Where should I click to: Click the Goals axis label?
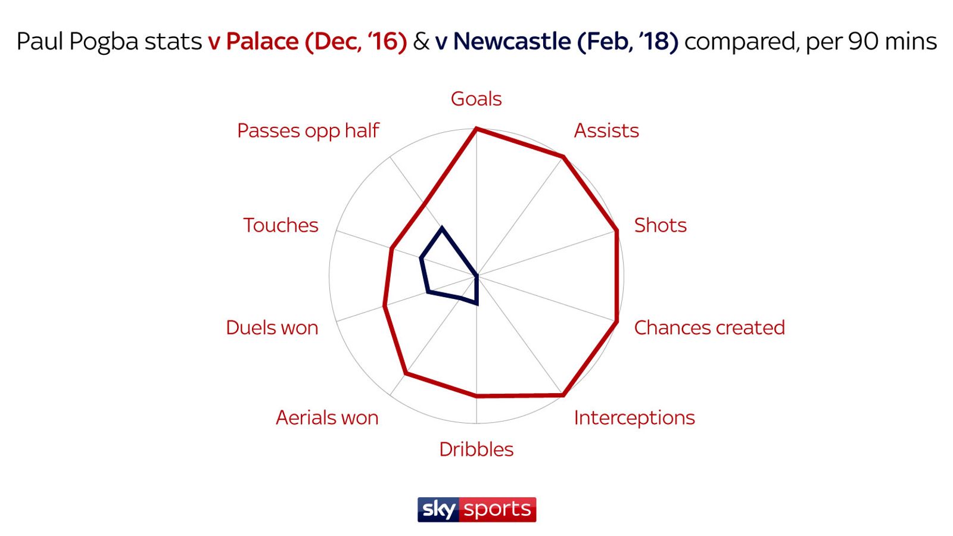pos(476,99)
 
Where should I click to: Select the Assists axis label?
pos(606,130)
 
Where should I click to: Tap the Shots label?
pos(660,225)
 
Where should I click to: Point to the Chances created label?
pos(709,328)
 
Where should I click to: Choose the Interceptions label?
pos(634,417)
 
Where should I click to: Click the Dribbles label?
pos(476,449)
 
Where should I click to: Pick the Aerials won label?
pos(327,417)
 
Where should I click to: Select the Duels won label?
pos(272,328)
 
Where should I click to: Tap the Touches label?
pos(281,225)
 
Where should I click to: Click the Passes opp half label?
pos(308,130)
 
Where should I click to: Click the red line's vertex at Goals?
pos(476,128)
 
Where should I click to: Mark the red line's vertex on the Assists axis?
pos(563,157)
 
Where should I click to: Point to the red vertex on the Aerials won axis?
pos(406,373)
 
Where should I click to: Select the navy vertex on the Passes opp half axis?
pos(442,227)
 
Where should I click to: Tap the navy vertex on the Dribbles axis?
pos(477,304)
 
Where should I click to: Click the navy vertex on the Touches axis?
pos(421,258)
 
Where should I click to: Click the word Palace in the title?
pos(262,42)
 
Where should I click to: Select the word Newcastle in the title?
pos(512,42)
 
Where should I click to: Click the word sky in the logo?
pos(439,510)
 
